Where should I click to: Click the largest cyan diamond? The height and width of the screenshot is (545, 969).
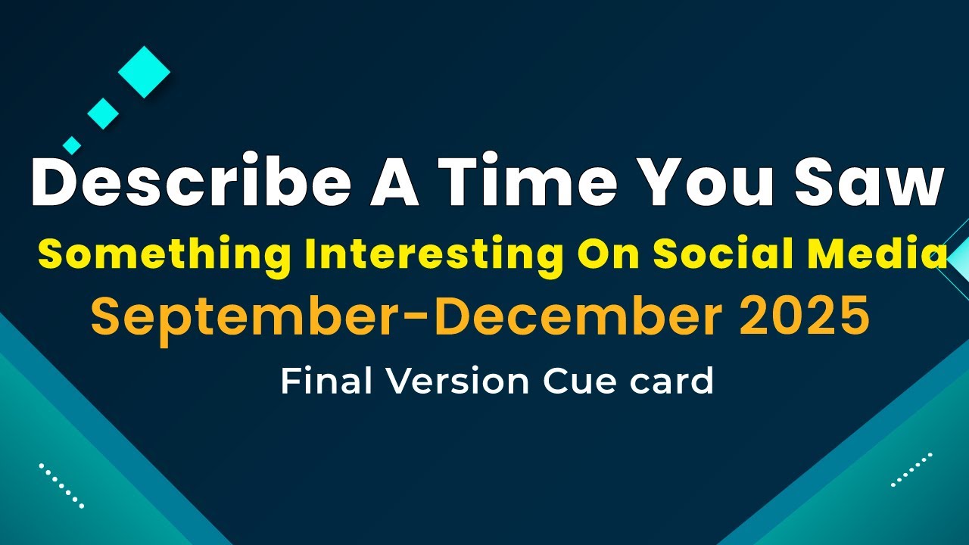tap(144, 72)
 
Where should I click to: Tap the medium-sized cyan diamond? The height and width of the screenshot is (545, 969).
tap(103, 114)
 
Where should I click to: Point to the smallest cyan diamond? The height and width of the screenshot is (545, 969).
tap(72, 145)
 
